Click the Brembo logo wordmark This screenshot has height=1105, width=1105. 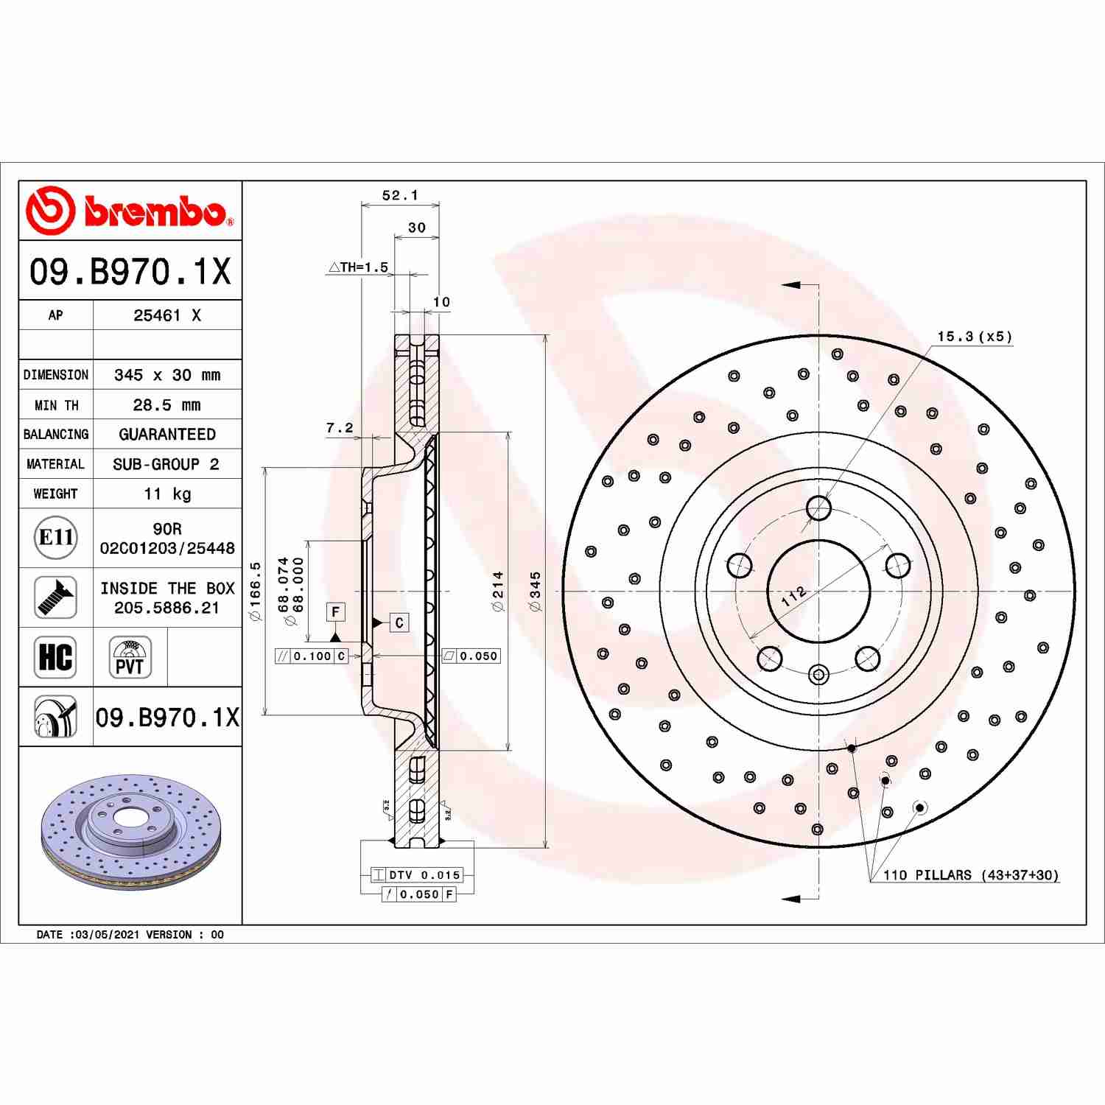pos(155,211)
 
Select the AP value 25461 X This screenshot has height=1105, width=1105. pos(166,315)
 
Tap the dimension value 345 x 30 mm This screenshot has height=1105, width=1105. pos(166,375)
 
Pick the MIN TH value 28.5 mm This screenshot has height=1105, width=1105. pos(166,405)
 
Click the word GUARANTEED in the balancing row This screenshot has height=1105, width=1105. pos(167,435)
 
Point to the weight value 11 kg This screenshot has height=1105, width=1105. pos(166,494)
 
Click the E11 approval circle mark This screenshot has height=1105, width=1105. pos(56,538)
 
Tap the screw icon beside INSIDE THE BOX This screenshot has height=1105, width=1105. pos(56,597)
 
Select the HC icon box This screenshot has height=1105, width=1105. pos(56,657)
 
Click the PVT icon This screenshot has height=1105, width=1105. pos(130,657)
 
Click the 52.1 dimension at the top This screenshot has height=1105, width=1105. pos(400,195)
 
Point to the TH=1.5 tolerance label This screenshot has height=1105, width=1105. pos(359,267)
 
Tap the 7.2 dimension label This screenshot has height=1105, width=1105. pos(340,428)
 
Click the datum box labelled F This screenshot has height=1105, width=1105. pos(336,611)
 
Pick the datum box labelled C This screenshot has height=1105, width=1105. pos(399,622)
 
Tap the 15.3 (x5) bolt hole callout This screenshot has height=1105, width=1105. pos(974,337)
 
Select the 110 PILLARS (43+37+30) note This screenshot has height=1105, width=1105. pos(970,875)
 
